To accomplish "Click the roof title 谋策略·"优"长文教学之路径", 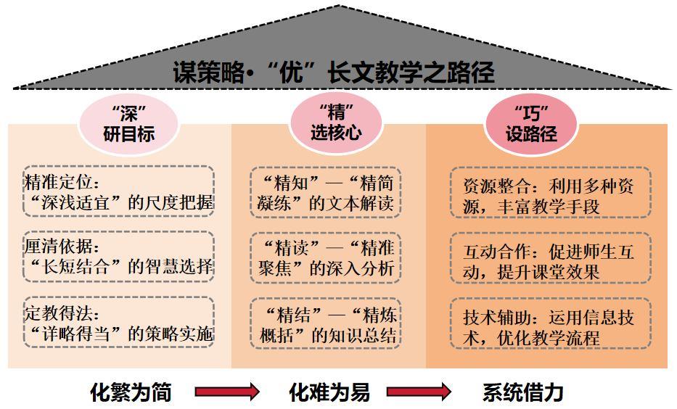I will pos(334,72).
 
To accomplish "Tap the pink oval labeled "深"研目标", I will pos(128,124).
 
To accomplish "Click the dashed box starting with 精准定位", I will pos(118,191).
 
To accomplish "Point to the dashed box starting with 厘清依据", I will pos(118,256).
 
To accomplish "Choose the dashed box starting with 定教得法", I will pos(118,323).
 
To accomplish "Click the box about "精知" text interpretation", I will pos(327,192).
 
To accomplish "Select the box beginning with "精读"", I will pos(327,257).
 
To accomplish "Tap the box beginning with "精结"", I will pos(327,323).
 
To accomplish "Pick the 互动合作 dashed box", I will pos(549,261).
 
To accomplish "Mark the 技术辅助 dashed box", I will pos(549,327).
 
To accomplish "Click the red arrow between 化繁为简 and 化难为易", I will pos(227,392).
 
